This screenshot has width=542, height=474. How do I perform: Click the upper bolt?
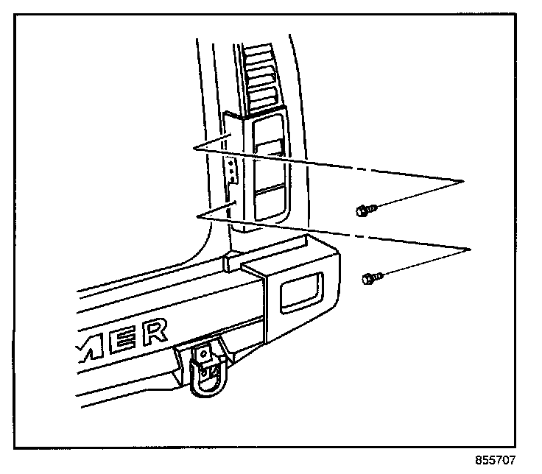[364, 211]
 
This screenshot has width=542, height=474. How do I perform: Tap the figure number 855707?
[496, 461]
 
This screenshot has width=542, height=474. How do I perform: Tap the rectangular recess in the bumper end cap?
[303, 291]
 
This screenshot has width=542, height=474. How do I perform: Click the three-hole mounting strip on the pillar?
[232, 170]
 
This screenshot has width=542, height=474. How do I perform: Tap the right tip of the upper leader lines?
[463, 180]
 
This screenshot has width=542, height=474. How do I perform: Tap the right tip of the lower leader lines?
[470, 250]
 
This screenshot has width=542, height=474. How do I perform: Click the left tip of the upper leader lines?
[194, 149]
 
